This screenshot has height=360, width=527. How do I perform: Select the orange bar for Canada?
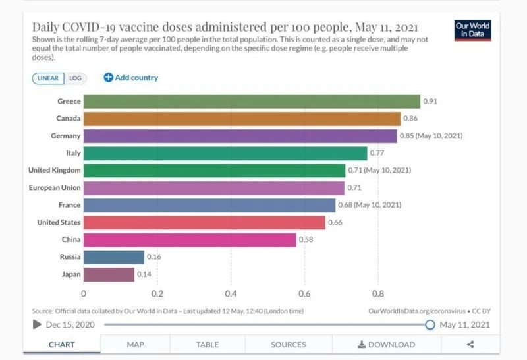(242, 119)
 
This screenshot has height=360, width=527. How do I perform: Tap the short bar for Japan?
(109, 274)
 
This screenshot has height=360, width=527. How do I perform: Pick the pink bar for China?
(190, 240)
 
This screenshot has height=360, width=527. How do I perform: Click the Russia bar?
(113, 257)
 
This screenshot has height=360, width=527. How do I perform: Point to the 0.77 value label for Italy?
(377, 153)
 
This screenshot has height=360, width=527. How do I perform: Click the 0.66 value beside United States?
(335, 223)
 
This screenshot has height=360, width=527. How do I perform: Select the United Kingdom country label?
(55, 170)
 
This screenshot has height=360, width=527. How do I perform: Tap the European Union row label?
(55, 188)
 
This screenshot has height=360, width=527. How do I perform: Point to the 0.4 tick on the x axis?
(231, 293)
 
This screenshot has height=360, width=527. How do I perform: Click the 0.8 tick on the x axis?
(378, 293)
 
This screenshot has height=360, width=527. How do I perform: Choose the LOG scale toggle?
(76, 78)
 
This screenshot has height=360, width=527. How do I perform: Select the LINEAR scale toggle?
(48, 78)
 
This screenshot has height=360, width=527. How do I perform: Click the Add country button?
(131, 78)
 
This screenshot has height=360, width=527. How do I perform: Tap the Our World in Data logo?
(472, 30)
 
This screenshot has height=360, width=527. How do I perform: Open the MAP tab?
(135, 344)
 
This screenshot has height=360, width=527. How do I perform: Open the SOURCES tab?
(289, 344)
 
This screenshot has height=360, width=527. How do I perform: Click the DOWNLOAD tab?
(386, 344)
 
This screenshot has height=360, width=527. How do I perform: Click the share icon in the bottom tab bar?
(470, 344)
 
